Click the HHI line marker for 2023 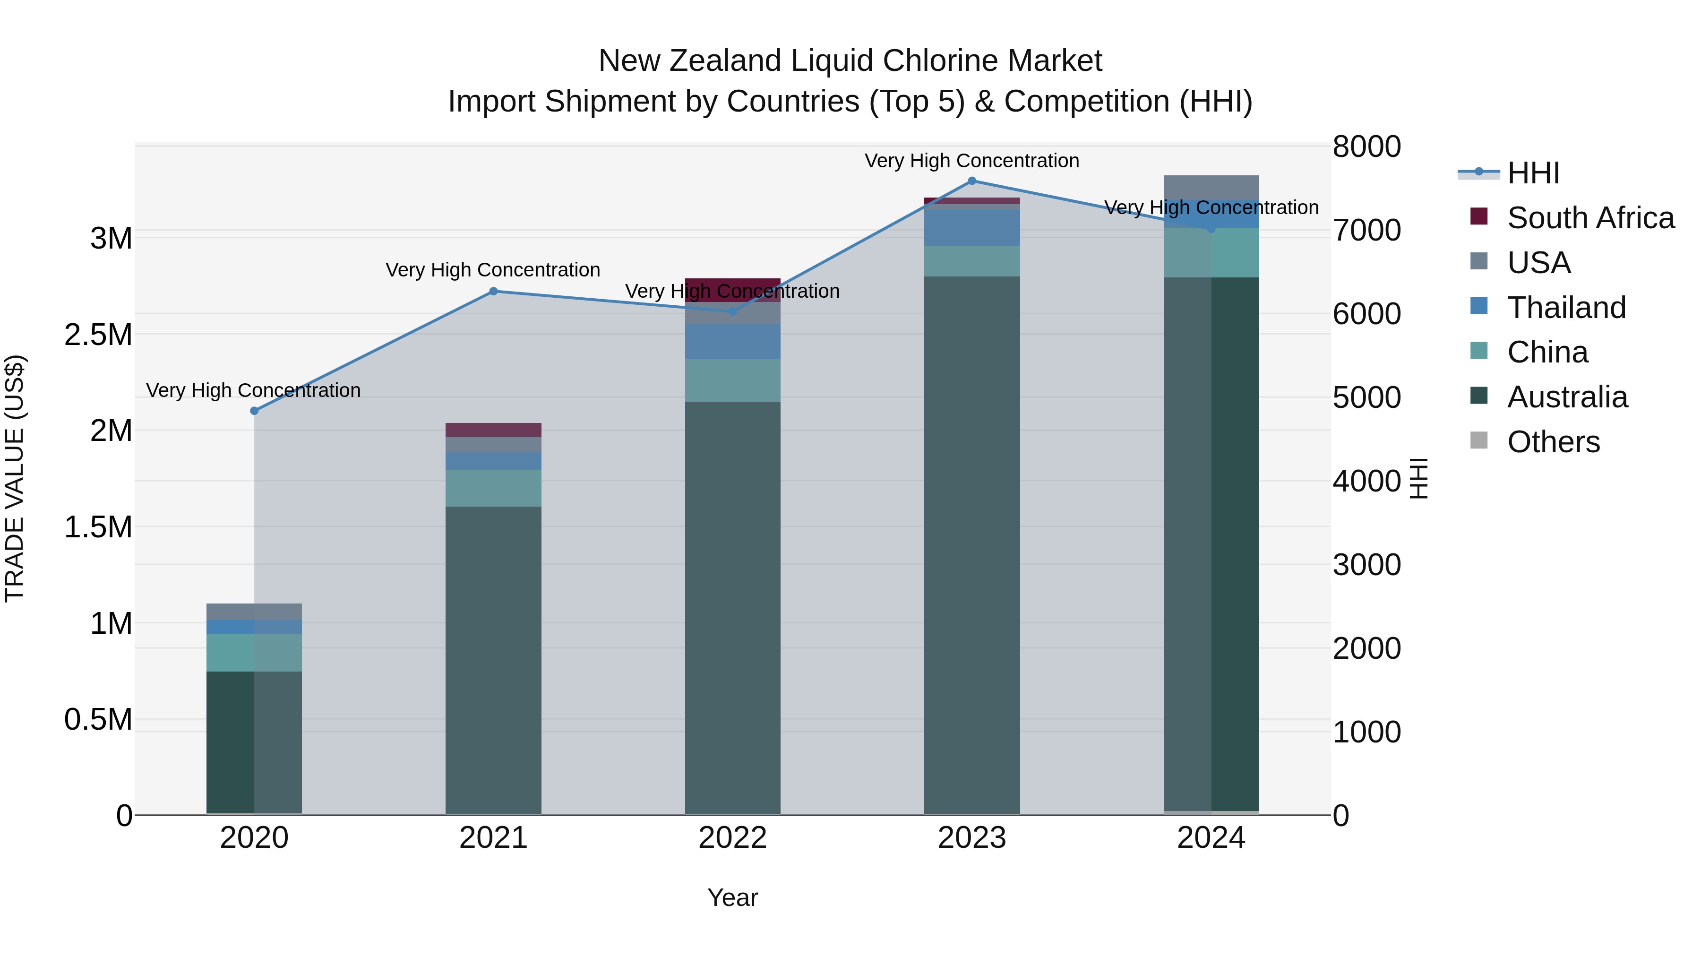(971, 181)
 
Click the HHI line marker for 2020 (254, 411)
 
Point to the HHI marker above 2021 (493, 291)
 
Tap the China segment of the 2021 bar (493, 488)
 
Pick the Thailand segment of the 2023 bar (971, 228)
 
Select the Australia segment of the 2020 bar (254, 742)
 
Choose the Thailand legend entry (1566, 308)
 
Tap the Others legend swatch (1479, 440)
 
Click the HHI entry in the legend (1533, 173)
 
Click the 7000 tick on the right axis (1366, 231)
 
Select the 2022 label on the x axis (732, 838)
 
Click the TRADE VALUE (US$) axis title (15, 479)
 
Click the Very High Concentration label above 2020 (254, 390)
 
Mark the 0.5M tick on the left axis (98, 720)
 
